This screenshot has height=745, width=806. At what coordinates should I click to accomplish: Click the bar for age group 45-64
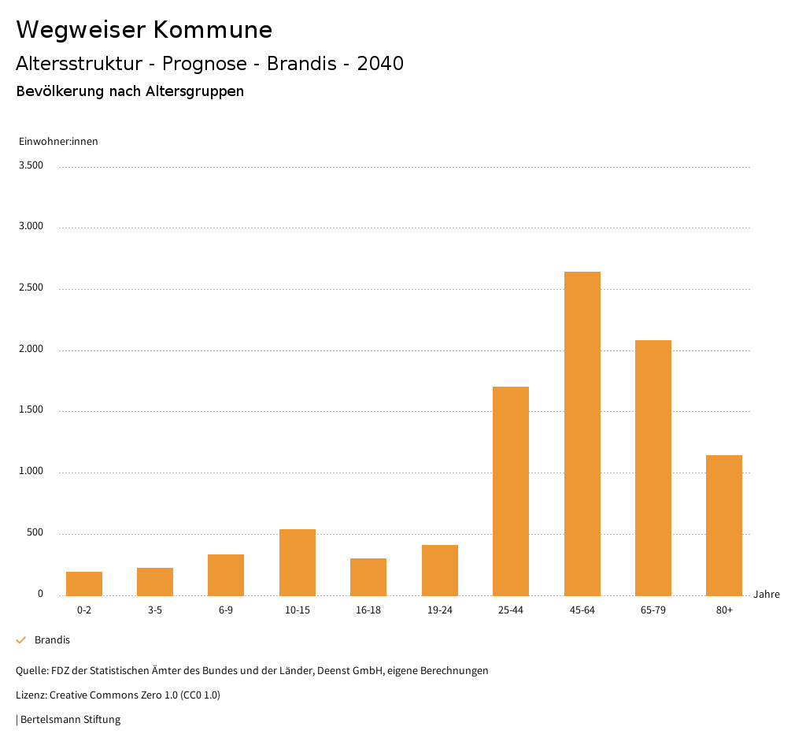coord(582,433)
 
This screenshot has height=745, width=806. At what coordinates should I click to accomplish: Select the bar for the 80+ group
coord(724,525)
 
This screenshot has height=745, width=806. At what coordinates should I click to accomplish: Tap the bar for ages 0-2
coord(84,584)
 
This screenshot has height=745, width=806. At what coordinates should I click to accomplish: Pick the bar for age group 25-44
coord(511,491)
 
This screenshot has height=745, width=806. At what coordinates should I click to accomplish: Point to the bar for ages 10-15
coord(298,562)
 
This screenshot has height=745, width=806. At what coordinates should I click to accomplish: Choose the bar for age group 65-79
coord(653,468)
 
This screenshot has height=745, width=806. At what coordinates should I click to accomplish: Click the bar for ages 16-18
coord(368,576)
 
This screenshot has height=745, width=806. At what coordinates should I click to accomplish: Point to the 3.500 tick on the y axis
coord(31,165)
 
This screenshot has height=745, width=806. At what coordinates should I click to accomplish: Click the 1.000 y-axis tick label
coord(31,472)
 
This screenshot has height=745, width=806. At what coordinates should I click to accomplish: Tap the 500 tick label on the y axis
coord(35,533)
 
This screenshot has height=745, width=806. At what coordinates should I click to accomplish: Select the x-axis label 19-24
coord(439,610)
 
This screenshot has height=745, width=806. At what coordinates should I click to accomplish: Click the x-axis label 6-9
coord(226,610)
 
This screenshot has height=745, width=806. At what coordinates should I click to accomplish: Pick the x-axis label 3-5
coord(155,610)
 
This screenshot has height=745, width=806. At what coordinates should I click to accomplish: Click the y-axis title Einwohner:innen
coord(58,142)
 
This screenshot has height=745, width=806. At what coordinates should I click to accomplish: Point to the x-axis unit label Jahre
coord(766,595)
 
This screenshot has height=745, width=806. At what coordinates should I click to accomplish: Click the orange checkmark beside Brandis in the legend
coord(21,640)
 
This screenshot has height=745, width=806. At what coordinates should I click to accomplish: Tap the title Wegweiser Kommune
coord(144,30)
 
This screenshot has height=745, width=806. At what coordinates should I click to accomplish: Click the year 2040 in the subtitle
coord(380,64)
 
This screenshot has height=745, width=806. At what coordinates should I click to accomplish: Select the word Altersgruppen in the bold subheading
coord(194,91)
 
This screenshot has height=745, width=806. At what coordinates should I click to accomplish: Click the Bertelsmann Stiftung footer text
coord(70,719)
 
